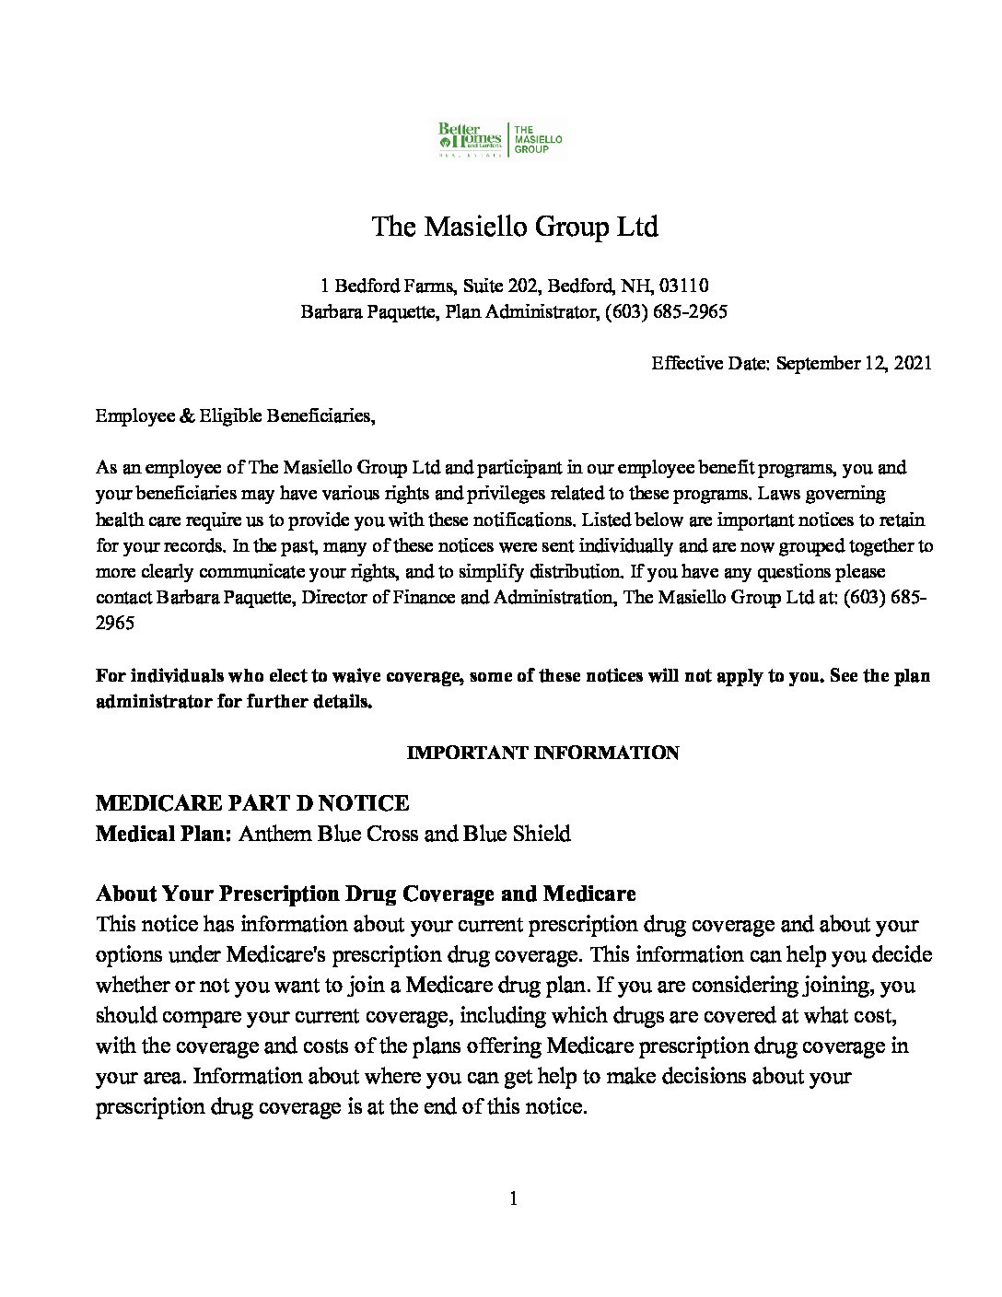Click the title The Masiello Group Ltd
[x=515, y=227]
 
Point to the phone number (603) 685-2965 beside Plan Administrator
[x=667, y=312]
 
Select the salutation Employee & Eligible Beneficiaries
[x=236, y=416]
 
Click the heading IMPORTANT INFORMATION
[x=543, y=753]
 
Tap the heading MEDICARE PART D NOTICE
[x=253, y=803]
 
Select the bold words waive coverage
[x=387, y=676]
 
